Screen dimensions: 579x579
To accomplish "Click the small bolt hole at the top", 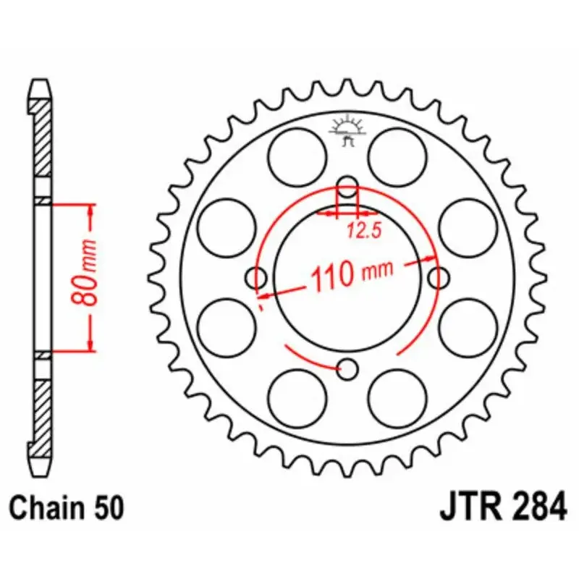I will pyautogui.click(x=349, y=186).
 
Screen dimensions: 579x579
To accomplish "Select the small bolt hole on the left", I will pyautogui.click(x=256, y=277).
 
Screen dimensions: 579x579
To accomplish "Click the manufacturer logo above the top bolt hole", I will pyautogui.click(x=349, y=130).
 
